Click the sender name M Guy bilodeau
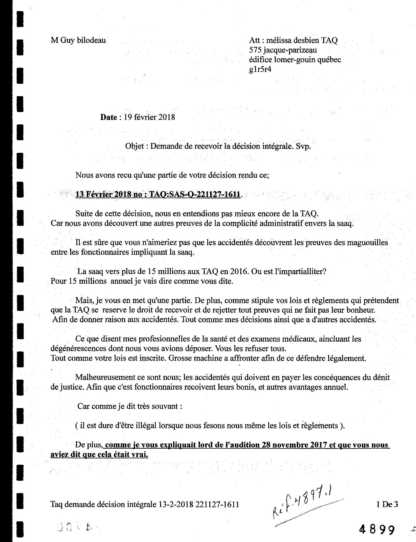[78, 40]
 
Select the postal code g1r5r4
[260, 69]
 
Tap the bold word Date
[109, 117]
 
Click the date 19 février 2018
[149, 117]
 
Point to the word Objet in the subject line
[135, 146]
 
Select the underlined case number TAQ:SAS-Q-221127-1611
[195, 194]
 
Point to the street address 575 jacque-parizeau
[283, 50]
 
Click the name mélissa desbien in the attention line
[293, 40]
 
